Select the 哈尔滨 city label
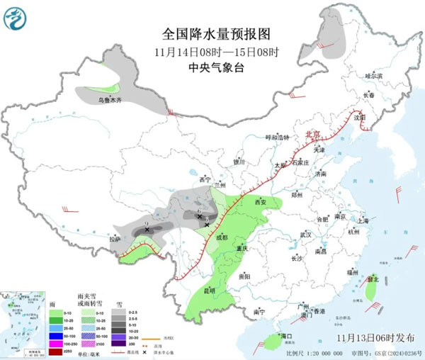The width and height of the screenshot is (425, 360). [373, 75]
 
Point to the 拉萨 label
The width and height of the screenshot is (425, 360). [115, 240]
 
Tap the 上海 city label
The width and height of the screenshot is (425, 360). [363, 220]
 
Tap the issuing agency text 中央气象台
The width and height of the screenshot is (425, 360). [216, 67]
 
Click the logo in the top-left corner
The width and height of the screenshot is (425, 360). [15, 16]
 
